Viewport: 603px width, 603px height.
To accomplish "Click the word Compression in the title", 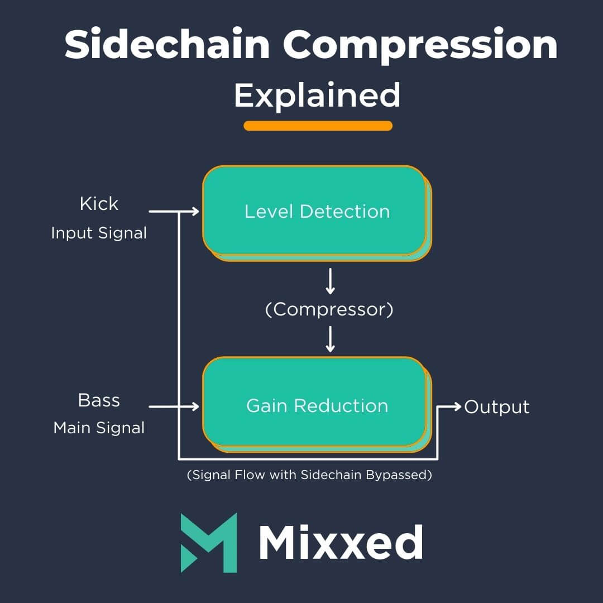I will click(x=420, y=46).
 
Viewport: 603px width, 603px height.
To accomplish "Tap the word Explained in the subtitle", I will click(x=317, y=95).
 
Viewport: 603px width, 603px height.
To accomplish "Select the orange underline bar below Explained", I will click(x=318, y=126).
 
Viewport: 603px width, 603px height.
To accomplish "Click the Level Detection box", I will click(x=316, y=212).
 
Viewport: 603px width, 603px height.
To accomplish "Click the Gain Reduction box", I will click(x=316, y=405).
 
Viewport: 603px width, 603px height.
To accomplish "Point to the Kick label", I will click(x=99, y=204).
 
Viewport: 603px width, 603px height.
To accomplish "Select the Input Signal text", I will click(x=99, y=233).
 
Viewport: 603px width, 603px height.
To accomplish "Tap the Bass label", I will click(x=99, y=400).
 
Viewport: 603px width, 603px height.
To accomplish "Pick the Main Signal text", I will click(x=99, y=428).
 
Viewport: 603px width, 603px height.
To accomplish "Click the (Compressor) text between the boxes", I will click(x=329, y=309).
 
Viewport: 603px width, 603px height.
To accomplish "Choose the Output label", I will click(x=496, y=407).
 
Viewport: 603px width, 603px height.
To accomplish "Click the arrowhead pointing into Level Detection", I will click(x=195, y=211).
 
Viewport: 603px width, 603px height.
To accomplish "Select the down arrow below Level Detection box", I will click(x=330, y=282).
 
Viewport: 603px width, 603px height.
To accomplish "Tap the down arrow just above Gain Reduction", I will click(x=330, y=339).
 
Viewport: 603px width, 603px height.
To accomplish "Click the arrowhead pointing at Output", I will click(x=458, y=406).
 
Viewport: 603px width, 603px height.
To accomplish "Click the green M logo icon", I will click(x=208, y=542).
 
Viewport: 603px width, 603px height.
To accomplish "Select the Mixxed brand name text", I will click(x=341, y=543).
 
